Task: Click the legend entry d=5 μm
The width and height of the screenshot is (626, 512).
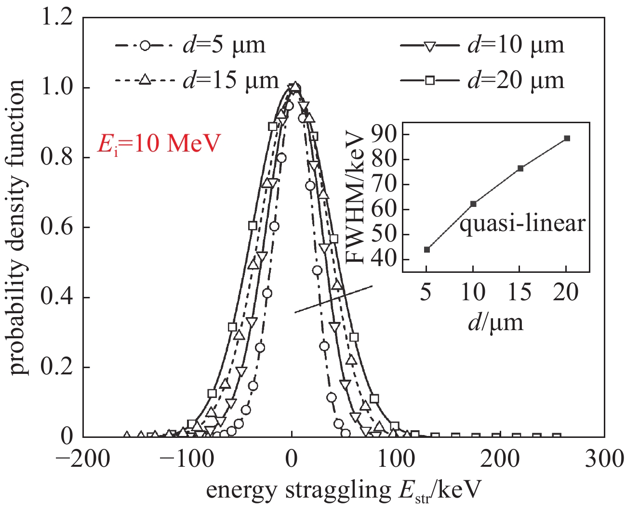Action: coord(190,45)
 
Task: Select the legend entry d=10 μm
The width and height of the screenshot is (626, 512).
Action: coord(482,45)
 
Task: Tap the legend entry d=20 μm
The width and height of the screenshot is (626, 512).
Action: coord(482,80)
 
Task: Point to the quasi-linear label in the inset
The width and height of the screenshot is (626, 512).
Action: coord(522,224)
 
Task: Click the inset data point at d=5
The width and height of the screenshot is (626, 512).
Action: coord(427,249)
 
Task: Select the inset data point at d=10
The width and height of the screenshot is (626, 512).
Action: coord(473,204)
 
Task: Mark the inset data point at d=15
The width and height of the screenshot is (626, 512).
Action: coord(520,168)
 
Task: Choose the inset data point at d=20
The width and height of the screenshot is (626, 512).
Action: coord(567,138)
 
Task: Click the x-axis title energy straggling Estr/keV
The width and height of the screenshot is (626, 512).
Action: coord(344,491)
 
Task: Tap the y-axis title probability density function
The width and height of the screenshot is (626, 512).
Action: coord(18,228)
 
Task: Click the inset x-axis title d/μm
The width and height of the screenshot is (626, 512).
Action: coord(495,322)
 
